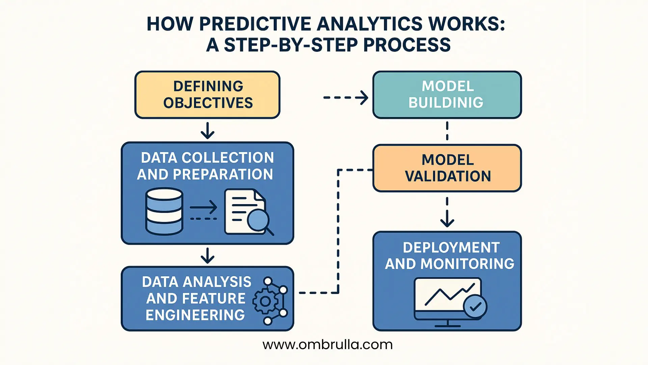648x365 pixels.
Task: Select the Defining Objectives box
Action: [x=207, y=95]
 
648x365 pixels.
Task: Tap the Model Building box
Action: [x=447, y=95]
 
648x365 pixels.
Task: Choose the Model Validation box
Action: [x=447, y=168]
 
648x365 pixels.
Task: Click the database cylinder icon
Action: [x=164, y=212]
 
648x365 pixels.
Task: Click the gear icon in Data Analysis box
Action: [x=265, y=301]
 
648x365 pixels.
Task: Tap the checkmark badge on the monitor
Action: [x=475, y=307]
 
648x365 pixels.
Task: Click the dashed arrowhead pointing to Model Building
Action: [x=364, y=98]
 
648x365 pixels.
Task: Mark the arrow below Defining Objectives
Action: [x=207, y=131]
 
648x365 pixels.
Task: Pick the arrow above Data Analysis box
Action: [x=207, y=255]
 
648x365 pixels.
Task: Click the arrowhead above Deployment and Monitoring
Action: [x=447, y=222]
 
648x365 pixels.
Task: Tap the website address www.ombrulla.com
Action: [x=327, y=345]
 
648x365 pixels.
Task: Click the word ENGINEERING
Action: [x=195, y=315]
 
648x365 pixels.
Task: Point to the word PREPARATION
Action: [x=223, y=174]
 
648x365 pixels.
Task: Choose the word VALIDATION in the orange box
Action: [x=448, y=176]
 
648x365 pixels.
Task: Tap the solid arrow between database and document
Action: [x=204, y=207]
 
